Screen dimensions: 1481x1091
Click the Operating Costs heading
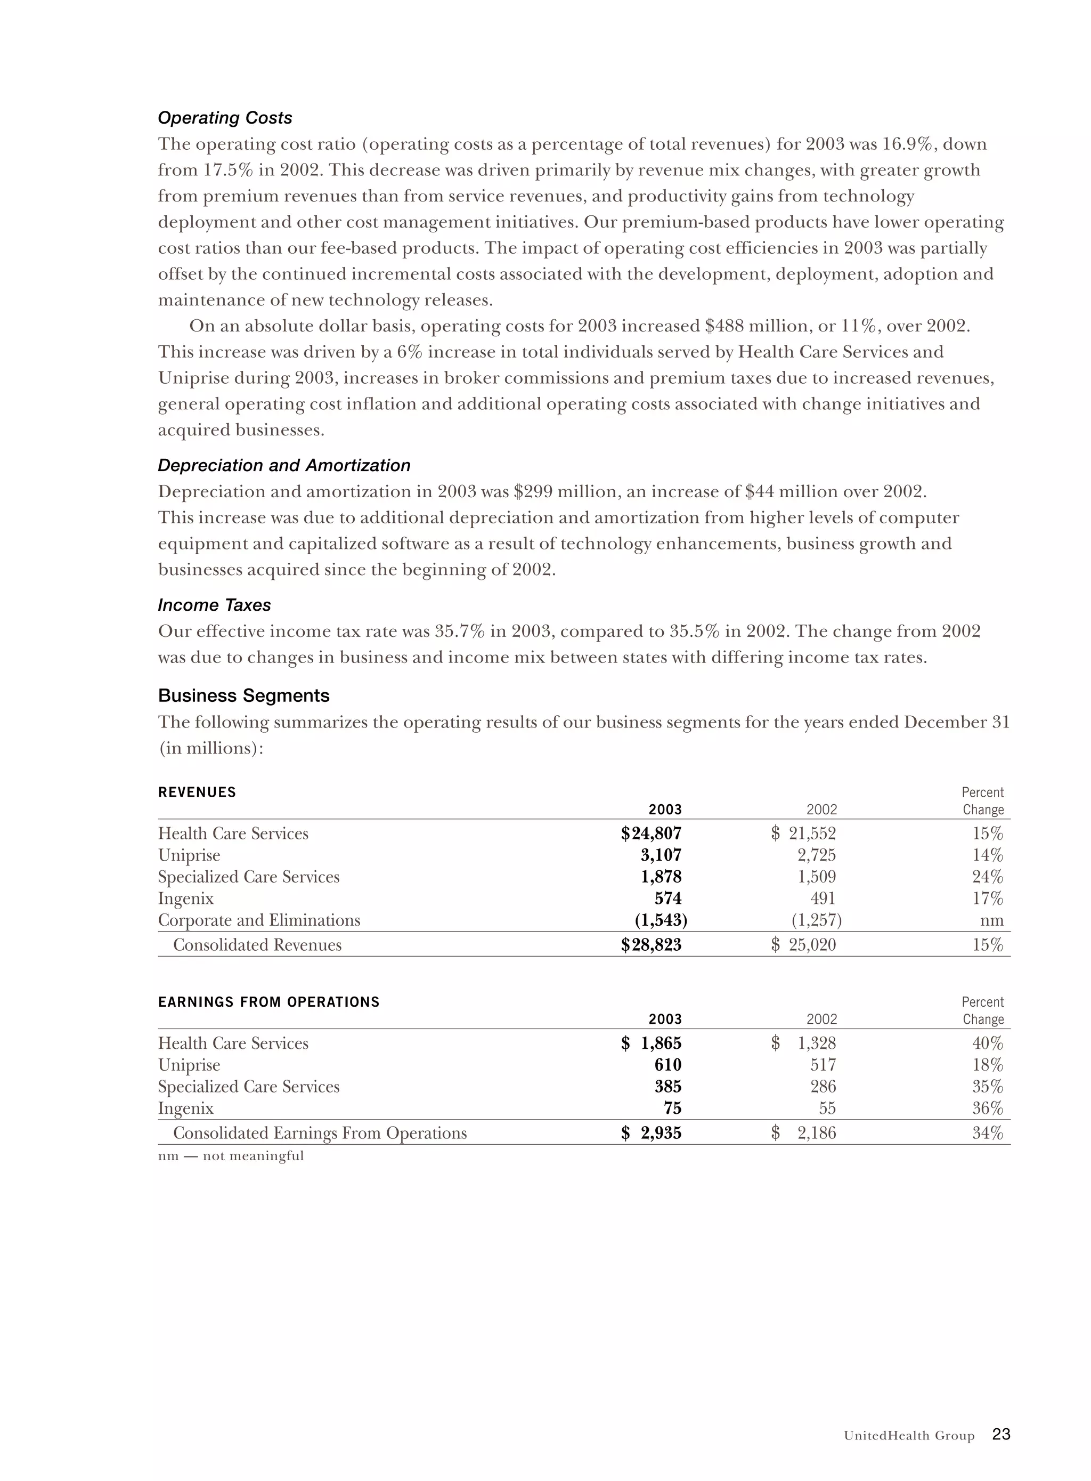225,118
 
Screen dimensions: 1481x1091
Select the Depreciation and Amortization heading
284,466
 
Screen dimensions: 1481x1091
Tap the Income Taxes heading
214,605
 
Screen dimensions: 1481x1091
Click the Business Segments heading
243,695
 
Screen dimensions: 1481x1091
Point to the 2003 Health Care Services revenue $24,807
650,833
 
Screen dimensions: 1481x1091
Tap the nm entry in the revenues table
992,921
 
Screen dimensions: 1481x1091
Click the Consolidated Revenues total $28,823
650,945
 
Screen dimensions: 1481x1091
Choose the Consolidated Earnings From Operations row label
320,1134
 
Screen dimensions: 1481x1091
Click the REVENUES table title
197,792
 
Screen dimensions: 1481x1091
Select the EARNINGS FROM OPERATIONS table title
269,1002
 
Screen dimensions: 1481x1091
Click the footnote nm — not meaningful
231,1156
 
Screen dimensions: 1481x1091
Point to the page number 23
1001,1434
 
